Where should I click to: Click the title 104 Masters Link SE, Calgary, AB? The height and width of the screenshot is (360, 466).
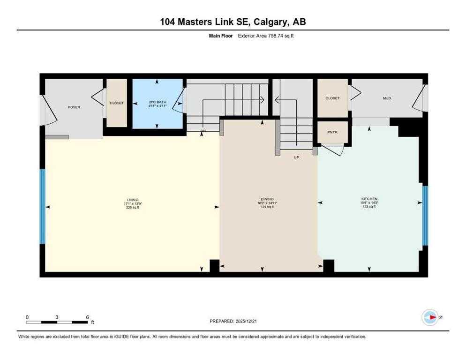point(233,22)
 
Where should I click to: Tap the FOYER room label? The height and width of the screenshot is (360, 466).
point(74,107)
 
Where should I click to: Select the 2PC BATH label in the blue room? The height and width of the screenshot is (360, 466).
point(157,103)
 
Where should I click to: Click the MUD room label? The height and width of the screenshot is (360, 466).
point(387,98)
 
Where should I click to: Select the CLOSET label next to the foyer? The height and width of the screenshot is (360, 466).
point(117,103)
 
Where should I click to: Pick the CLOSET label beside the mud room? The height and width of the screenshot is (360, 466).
point(332,98)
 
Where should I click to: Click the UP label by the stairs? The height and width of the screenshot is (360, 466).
point(296,157)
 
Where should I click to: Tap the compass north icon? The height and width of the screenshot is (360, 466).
point(430,317)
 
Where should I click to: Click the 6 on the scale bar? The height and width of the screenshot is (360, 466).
point(87,317)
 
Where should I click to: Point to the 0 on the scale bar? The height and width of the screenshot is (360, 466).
point(27,317)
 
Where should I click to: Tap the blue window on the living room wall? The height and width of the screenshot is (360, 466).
point(42,206)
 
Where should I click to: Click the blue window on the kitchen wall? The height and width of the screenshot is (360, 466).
point(425,216)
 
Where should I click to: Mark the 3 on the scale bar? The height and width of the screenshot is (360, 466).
point(57,317)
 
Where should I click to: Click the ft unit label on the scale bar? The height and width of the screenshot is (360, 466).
point(92,322)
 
